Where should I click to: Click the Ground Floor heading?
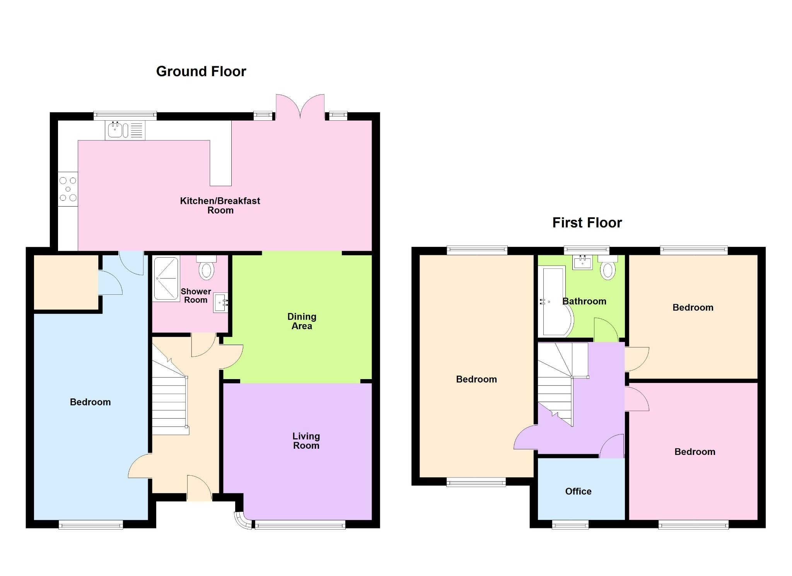pos(201,72)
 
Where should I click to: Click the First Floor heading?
pos(587,223)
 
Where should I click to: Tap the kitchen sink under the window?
pos(115,130)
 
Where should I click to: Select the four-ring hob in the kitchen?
pos(68,189)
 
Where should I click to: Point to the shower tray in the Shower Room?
pos(166,279)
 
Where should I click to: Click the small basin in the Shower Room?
pos(220,303)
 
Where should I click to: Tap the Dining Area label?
pos(302,321)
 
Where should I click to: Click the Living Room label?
pos(306,441)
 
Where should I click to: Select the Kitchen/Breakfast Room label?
pos(220,205)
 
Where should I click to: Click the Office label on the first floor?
pos(578,491)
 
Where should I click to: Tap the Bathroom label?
pos(584,301)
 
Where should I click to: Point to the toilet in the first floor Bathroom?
pos(608,268)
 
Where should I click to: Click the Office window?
pos(570,525)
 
